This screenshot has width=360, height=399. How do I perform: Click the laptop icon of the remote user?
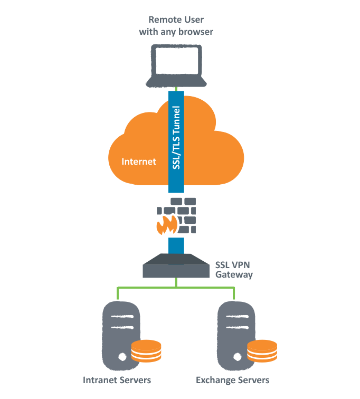pyautogui.click(x=176, y=65)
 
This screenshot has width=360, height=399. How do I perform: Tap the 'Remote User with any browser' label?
pyautogui.click(x=176, y=26)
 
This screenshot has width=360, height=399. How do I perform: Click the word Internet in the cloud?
pyautogui.click(x=139, y=161)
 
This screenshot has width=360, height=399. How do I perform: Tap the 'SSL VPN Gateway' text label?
pyautogui.click(x=234, y=270)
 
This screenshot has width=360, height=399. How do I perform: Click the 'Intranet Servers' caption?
pyautogui.click(x=117, y=380)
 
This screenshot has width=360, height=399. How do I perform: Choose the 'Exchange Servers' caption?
pyautogui.click(x=233, y=380)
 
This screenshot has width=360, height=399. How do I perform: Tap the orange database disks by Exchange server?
pyautogui.click(x=262, y=351)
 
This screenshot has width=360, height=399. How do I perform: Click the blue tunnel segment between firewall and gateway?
pyautogui.click(x=176, y=245)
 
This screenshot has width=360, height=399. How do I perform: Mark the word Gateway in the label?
pyautogui.click(x=234, y=275)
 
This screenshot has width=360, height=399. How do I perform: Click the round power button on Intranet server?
pyautogui.click(x=122, y=357)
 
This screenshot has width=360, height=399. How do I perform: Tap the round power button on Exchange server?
pyautogui.click(x=238, y=357)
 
